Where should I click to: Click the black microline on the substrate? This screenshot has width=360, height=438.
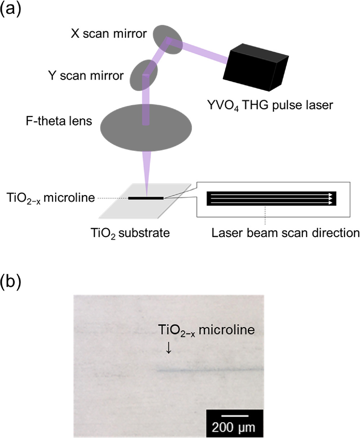click(146, 198)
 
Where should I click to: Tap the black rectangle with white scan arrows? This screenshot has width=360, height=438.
click(271, 198)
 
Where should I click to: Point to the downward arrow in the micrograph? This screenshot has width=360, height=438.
click(167, 348)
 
